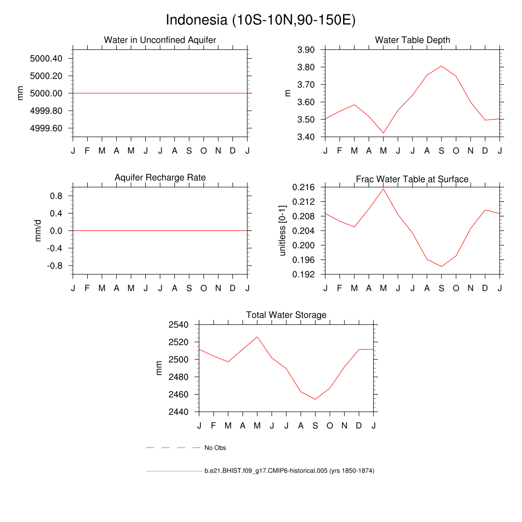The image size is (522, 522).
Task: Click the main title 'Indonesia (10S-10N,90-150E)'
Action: pos(260,20)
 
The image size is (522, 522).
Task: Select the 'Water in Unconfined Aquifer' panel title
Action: pos(160,40)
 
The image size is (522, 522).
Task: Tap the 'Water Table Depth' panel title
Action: pos(412,40)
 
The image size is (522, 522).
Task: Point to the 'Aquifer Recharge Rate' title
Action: pos(160,177)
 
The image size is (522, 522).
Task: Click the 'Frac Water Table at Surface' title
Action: pos(412,179)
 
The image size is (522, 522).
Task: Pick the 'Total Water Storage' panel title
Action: pos(286,315)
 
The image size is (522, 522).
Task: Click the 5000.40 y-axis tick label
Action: pos(46,59)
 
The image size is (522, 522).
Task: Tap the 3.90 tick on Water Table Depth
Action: pos(307,50)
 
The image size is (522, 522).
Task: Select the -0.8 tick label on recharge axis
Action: pos(54,266)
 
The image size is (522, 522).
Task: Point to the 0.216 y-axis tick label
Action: pos(304,188)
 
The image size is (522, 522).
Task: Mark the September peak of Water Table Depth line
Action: pos(441,66)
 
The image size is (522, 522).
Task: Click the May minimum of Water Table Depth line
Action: pos(383,133)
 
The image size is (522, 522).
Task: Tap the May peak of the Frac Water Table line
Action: pos(383,189)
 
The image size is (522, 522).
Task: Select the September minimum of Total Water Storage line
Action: pos(315,399)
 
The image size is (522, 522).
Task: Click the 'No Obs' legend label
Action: pos(215,448)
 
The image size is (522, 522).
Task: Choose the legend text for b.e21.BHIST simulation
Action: pos(289,471)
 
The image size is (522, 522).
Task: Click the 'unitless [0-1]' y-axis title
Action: pos(283,230)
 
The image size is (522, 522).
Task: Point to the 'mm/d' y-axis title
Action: pos(38,230)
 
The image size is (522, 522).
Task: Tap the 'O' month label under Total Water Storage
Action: pos(330,426)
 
